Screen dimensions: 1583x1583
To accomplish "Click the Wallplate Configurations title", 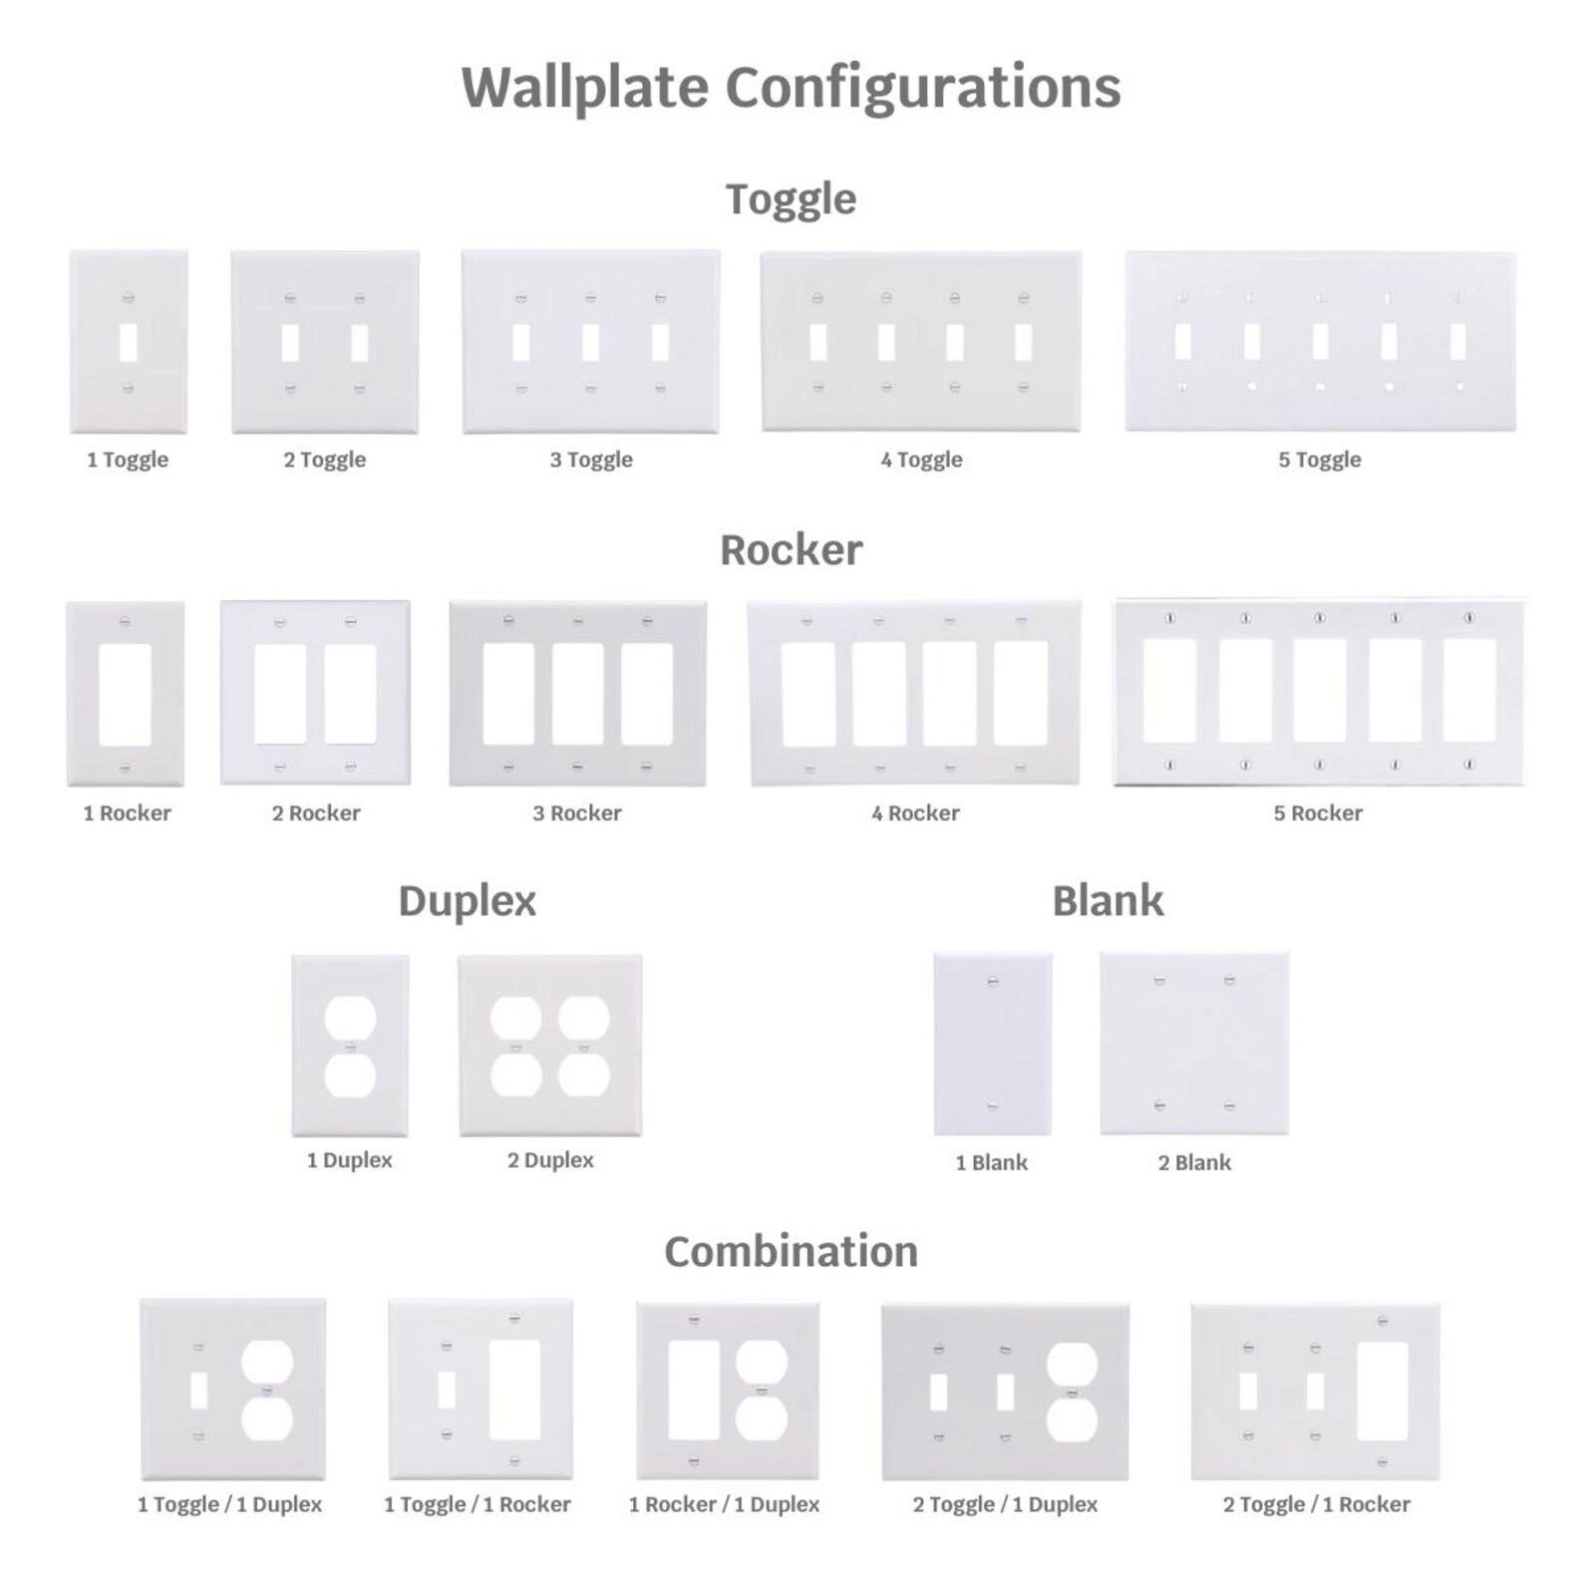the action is click(x=791, y=88).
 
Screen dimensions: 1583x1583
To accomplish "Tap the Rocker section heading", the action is click(x=791, y=549).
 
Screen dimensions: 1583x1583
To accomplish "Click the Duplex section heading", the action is click(x=468, y=902).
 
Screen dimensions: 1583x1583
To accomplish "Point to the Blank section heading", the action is click(x=1108, y=900).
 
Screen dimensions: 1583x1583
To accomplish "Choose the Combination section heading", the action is click(x=791, y=1251).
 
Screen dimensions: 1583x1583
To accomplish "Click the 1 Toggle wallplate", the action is click(x=129, y=342).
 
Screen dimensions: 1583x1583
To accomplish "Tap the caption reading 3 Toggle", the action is click(x=591, y=460).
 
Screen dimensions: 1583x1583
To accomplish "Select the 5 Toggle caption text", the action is click(x=1320, y=460).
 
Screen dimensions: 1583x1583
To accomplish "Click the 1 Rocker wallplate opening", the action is click(x=126, y=695).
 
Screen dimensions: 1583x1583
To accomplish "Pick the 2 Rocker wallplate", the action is click(x=315, y=692).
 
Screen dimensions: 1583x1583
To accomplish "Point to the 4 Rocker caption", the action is click(x=915, y=813).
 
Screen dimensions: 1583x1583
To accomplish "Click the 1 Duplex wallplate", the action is click(x=350, y=1046).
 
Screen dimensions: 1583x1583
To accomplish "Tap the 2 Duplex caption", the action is click(x=550, y=1160).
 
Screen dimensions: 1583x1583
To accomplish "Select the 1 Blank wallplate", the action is click(x=992, y=1044).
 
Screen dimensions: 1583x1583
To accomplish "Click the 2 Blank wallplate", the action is click(x=1194, y=1044).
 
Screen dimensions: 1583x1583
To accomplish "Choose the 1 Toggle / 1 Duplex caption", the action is click(x=229, y=1504).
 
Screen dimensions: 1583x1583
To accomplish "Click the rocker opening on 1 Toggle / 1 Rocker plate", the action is click(x=514, y=1390).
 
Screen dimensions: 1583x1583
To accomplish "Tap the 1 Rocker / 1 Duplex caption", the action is click(x=724, y=1504).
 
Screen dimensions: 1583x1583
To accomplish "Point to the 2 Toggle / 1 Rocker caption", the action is click(x=1317, y=1504).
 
